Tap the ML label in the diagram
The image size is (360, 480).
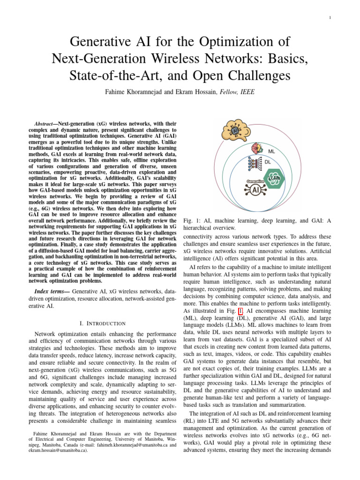(x=271, y=151)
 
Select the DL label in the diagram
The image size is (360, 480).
(x=268, y=162)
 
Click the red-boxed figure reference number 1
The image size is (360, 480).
(x=240, y=311)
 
